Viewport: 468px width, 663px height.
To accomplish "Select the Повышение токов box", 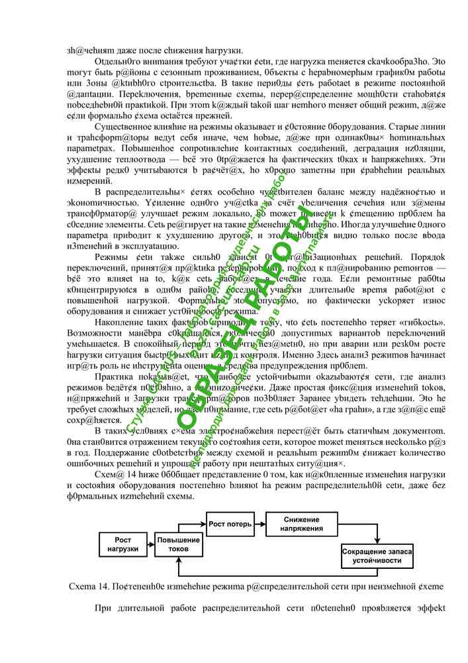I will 179,545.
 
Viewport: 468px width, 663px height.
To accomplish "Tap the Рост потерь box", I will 230,524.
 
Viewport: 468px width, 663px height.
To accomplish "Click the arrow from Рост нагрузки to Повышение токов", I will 152,545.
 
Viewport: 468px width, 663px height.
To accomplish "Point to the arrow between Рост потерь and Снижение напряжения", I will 260,524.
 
